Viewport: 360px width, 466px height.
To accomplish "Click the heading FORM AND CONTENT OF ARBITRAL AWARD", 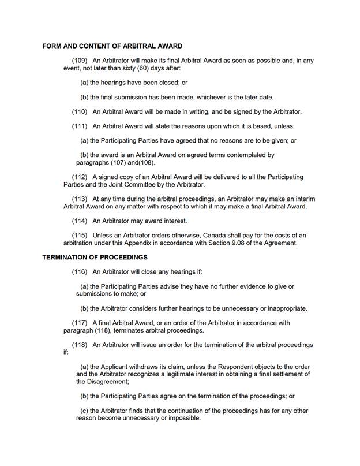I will (112, 46).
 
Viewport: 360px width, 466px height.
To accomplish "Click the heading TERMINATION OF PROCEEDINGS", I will (95, 257).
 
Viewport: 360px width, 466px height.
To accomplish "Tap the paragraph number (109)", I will (80, 60).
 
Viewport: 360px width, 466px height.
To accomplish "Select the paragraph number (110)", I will (80, 111).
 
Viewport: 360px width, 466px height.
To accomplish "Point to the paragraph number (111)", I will (80, 126).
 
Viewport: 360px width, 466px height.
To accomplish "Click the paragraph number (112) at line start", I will (80, 177).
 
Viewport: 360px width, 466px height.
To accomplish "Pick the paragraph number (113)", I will (80, 199).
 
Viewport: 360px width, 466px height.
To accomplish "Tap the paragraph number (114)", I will (80, 221).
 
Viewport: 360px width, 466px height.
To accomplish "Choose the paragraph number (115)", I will (80, 235).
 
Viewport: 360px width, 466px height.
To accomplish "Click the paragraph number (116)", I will (80, 271).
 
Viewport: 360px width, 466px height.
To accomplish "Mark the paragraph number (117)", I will (80, 323).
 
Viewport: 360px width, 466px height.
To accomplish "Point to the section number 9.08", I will (233, 243).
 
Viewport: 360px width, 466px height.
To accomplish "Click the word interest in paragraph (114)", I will (175, 221).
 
